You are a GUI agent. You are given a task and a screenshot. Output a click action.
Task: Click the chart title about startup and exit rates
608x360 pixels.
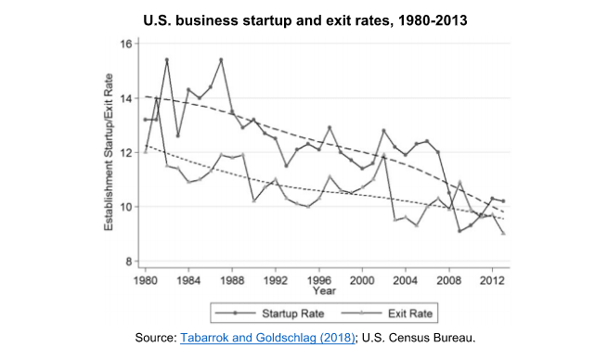(x=304, y=19)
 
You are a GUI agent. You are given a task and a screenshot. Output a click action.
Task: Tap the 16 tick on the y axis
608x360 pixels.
(x=125, y=44)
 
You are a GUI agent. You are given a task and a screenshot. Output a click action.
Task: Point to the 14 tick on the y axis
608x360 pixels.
(x=125, y=97)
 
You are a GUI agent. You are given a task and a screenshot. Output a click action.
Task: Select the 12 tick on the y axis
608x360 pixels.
(x=125, y=152)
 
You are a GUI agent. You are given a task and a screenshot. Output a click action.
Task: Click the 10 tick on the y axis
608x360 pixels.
(x=125, y=207)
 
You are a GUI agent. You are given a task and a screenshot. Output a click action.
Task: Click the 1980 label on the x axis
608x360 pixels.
(x=145, y=279)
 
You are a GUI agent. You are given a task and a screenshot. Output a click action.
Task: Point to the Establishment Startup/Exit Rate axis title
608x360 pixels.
(x=110, y=153)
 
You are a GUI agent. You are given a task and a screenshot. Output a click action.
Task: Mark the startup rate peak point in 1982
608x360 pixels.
(x=167, y=60)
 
